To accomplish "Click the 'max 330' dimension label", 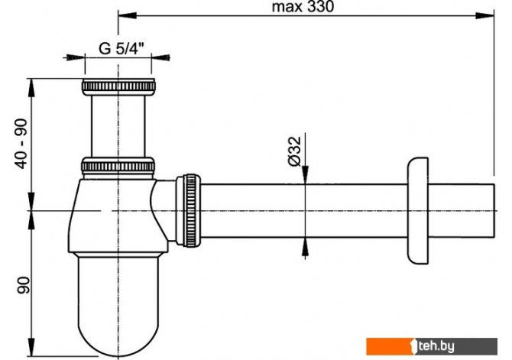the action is (303, 7).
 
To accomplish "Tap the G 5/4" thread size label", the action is (122, 49).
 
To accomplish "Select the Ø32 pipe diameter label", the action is (294, 151).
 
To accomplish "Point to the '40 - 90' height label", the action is (22, 144).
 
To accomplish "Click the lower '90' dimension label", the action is (23, 285).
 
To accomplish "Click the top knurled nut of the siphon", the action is (118, 86).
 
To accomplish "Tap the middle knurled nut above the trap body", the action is (118, 167).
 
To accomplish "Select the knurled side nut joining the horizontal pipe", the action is (189, 210).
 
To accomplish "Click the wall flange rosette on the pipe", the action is (418, 211).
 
